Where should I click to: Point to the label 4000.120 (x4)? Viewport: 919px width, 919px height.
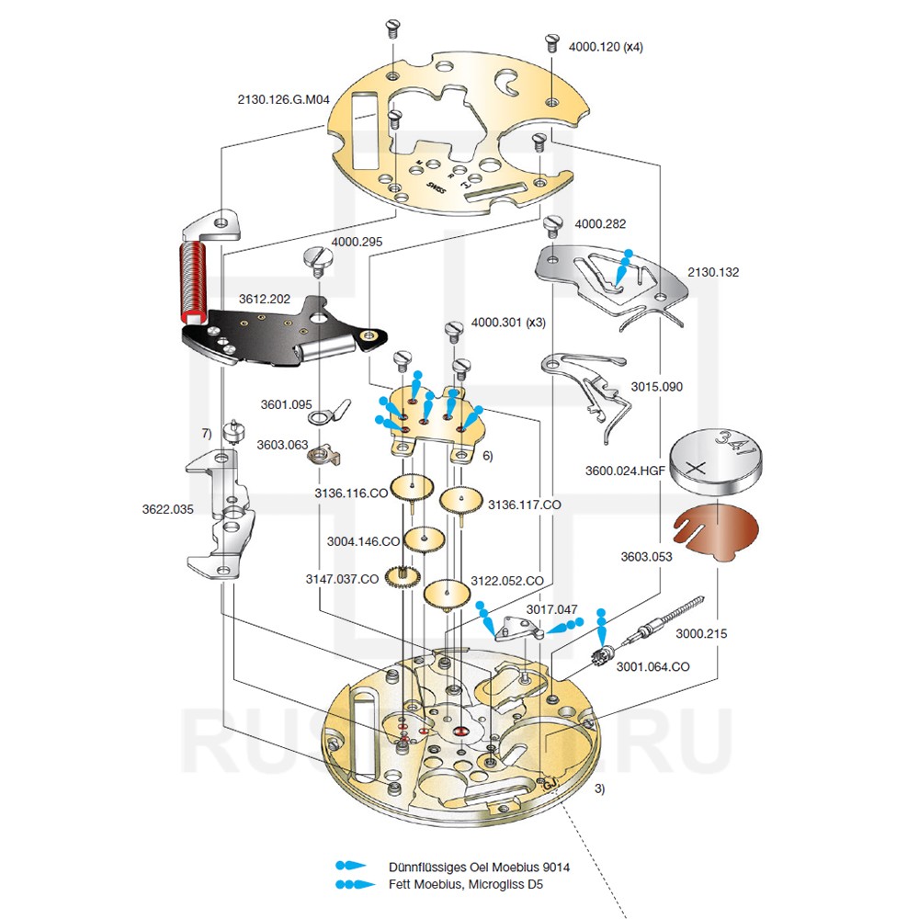click(x=606, y=46)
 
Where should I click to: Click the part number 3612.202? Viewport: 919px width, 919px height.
click(x=265, y=300)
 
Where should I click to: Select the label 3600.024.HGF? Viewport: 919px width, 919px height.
click(x=625, y=471)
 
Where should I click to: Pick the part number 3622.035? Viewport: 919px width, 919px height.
click(x=167, y=508)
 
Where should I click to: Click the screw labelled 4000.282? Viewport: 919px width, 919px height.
click(x=553, y=226)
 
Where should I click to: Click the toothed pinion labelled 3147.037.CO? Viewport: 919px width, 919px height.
click(x=403, y=578)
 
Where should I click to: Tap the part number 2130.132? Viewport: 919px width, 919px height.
click(x=712, y=272)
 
